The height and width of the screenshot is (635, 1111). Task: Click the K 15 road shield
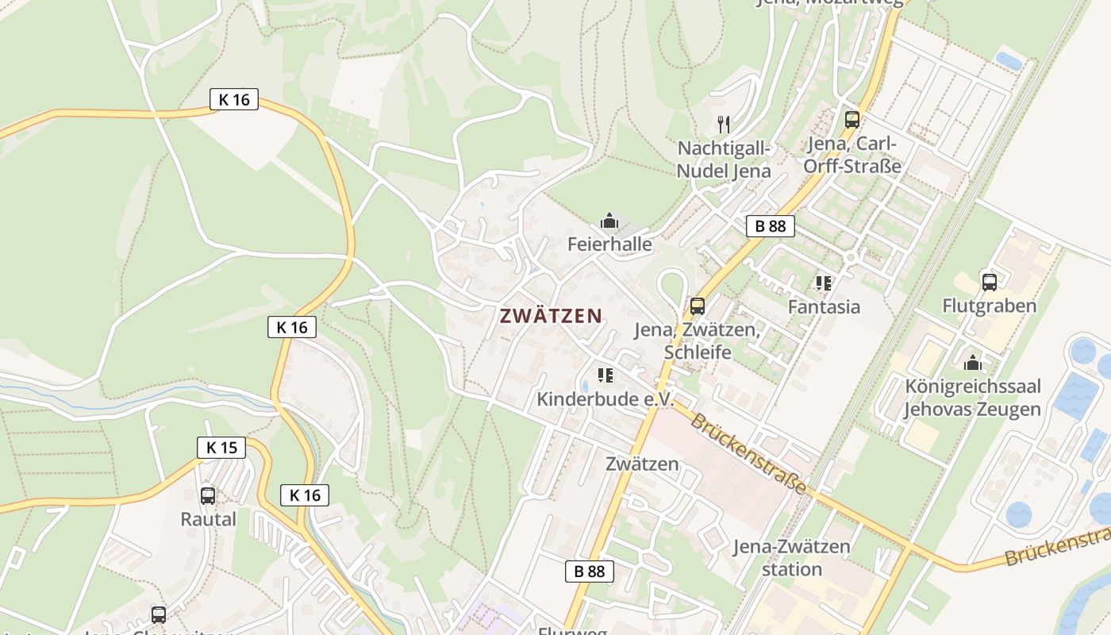221,448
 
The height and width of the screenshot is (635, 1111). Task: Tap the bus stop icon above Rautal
208,496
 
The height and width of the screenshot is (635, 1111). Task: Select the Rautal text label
209,519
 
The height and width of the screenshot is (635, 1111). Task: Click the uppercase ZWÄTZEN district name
551,316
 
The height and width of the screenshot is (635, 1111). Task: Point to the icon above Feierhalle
609,221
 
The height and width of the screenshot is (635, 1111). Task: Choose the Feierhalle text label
609,244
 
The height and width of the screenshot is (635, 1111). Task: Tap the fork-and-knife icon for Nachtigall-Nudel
723,125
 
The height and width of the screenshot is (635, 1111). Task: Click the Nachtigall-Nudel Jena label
724,160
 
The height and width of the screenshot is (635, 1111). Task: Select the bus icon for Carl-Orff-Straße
852,120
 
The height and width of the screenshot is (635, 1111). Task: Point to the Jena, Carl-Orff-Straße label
852,156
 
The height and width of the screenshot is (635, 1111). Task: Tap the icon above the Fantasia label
824,283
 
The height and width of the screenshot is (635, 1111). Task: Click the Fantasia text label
824,306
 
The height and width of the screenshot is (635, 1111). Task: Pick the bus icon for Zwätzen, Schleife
698,306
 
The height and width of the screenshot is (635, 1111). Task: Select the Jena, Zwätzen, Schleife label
698,340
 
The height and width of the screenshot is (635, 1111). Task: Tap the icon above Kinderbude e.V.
605,375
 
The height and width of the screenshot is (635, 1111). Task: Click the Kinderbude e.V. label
605,399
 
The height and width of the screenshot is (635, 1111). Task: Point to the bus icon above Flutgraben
989,283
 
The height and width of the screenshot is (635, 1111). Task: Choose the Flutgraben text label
989,306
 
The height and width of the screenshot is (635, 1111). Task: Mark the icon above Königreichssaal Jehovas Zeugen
973,364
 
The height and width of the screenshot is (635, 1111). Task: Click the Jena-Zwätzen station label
792,558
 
